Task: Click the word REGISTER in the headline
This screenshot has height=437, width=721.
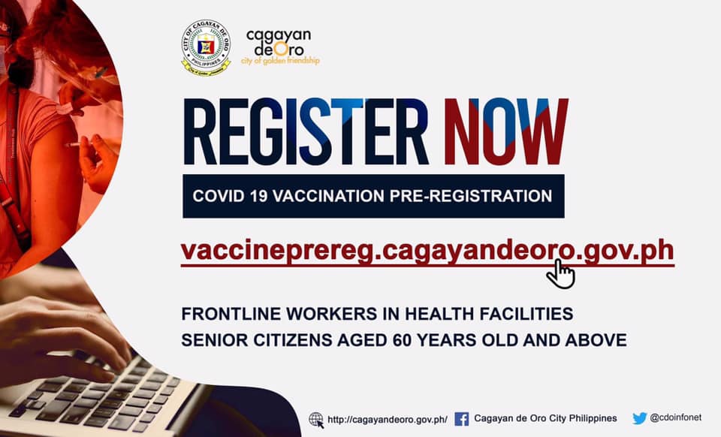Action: click(x=306, y=131)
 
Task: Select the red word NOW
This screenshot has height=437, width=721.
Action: click(x=505, y=131)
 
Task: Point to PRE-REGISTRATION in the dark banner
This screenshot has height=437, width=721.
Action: click(x=471, y=196)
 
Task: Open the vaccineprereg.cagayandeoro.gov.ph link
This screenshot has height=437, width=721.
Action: click(x=427, y=252)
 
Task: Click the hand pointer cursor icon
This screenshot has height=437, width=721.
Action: click(x=560, y=274)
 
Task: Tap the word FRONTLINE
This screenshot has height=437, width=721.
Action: click(x=231, y=314)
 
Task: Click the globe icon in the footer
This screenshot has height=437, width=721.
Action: click(x=316, y=420)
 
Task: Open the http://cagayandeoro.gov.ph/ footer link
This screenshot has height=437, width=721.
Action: click(x=388, y=420)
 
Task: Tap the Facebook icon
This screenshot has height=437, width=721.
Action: click(x=462, y=419)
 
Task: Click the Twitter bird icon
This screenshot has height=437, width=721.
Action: click(x=640, y=418)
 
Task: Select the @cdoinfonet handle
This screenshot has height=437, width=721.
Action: click(x=675, y=417)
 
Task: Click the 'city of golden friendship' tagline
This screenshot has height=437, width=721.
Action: click(x=280, y=60)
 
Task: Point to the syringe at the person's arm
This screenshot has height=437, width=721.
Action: click(x=80, y=145)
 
